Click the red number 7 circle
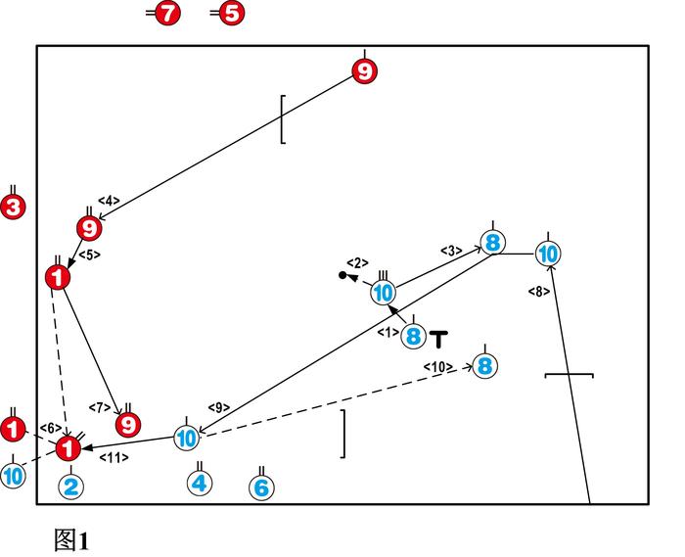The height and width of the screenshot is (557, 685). pyautogui.click(x=169, y=14)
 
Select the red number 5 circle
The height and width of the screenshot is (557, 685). pyautogui.click(x=231, y=14)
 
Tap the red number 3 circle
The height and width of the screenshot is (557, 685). pyautogui.click(x=14, y=208)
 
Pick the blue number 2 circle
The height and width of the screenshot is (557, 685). pyautogui.click(x=70, y=486)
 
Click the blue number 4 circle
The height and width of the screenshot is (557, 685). pyautogui.click(x=200, y=483)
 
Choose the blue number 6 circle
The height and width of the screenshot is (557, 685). pyautogui.click(x=261, y=487)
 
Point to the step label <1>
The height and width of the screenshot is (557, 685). pyautogui.click(x=388, y=333)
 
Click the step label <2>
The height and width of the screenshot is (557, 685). pyautogui.click(x=357, y=262)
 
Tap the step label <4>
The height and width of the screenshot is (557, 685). pyautogui.click(x=109, y=202)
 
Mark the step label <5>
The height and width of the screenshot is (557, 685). pyautogui.click(x=89, y=255)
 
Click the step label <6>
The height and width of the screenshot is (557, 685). pyautogui.click(x=51, y=428)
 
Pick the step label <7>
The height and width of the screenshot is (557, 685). pyautogui.click(x=100, y=407)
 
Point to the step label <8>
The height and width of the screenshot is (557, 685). pyautogui.click(x=538, y=291)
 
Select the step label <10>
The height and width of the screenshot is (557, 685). pyautogui.click(x=437, y=366)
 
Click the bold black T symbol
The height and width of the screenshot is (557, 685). pyautogui.click(x=439, y=340)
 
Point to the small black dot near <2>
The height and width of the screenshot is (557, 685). pyautogui.click(x=342, y=275)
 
